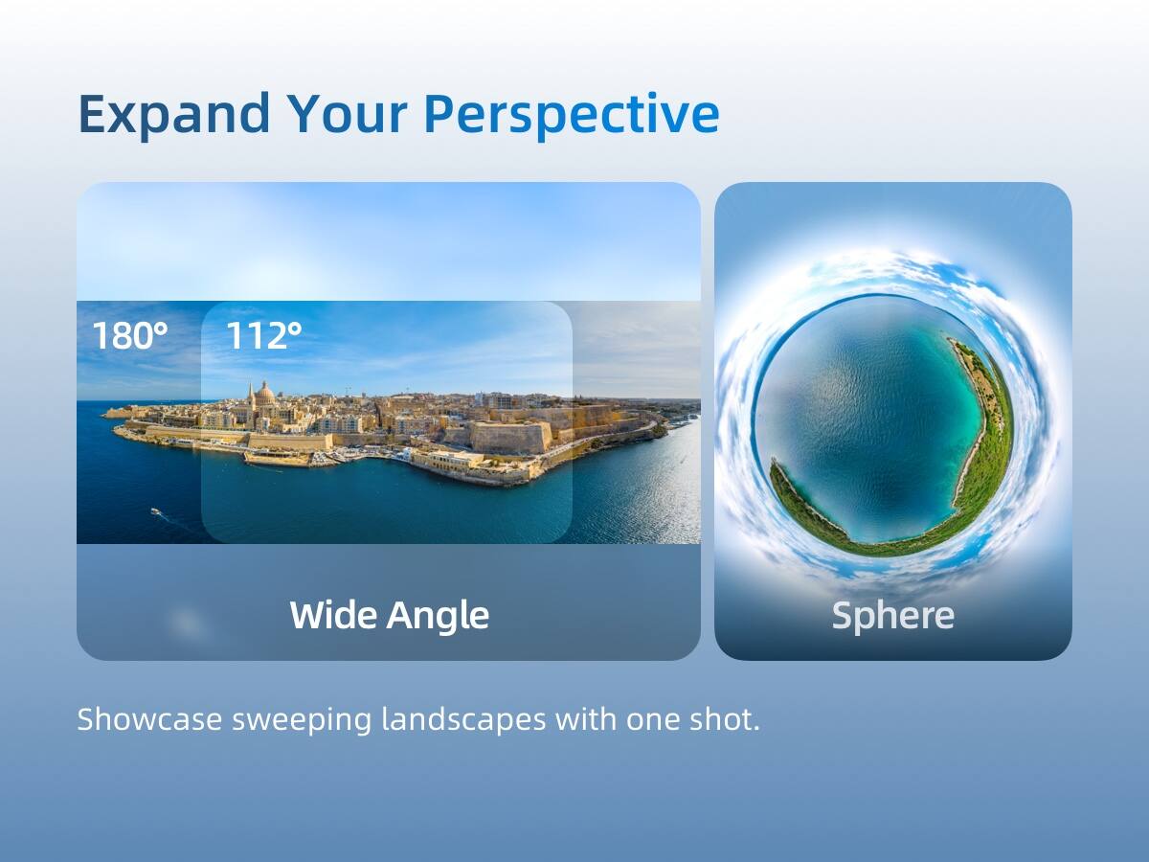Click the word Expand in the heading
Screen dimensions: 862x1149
pos(173,114)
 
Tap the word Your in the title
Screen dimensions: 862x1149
pos(346,114)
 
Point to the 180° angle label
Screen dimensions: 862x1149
pos(129,336)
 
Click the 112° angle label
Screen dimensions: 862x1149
pos(263,336)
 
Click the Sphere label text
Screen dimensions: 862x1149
pos(892,615)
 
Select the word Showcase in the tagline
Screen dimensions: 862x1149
pos(148,719)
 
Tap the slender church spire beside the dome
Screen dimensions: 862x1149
pos(250,394)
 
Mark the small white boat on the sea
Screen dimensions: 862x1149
pos(155,511)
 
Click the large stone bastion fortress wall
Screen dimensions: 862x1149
pos(509,437)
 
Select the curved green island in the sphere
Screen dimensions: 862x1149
pos(986,450)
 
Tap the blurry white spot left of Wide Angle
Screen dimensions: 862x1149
pos(188,624)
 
